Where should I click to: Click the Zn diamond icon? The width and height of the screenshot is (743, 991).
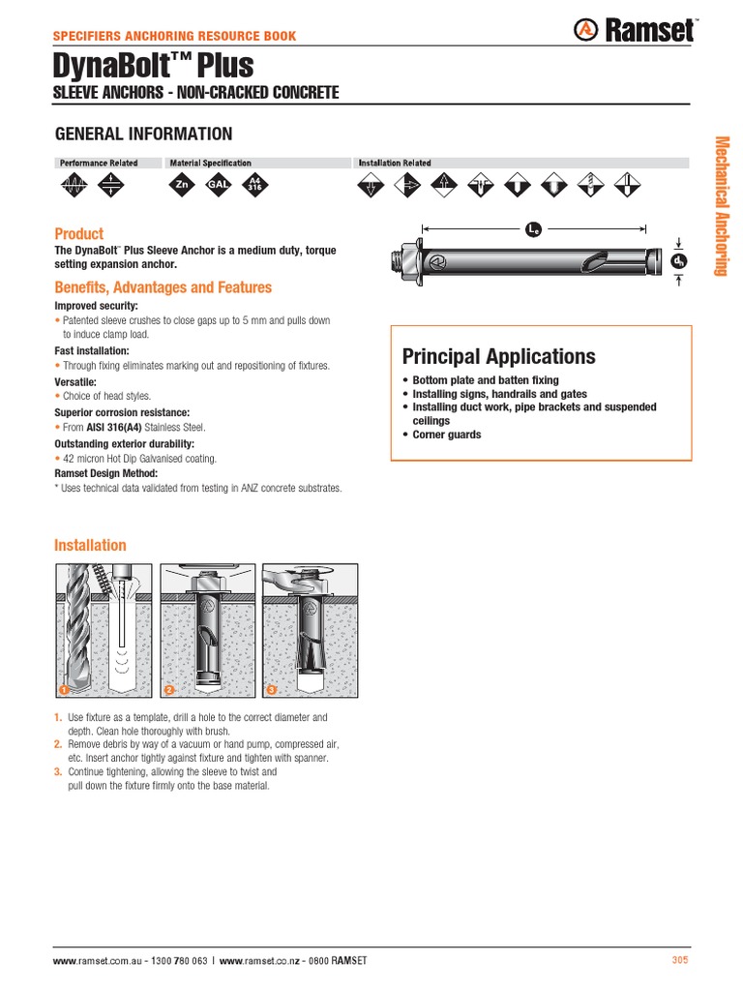(x=181, y=184)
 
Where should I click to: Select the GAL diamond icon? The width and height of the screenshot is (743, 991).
(x=219, y=184)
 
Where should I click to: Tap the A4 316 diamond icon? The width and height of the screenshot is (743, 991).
(x=255, y=184)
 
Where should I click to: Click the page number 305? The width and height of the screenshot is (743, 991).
(x=679, y=960)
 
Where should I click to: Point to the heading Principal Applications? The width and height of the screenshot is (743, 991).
(x=498, y=355)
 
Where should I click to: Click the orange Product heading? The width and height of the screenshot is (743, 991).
(x=78, y=234)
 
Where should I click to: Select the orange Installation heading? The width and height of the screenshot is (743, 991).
(x=90, y=545)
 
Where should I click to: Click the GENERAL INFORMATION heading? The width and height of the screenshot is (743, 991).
(x=143, y=134)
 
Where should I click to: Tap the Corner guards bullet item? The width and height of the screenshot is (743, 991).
(x=446, y=435)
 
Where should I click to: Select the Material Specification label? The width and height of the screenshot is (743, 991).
(x=210, y=164)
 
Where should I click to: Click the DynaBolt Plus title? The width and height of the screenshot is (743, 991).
(x=154, y=66)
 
